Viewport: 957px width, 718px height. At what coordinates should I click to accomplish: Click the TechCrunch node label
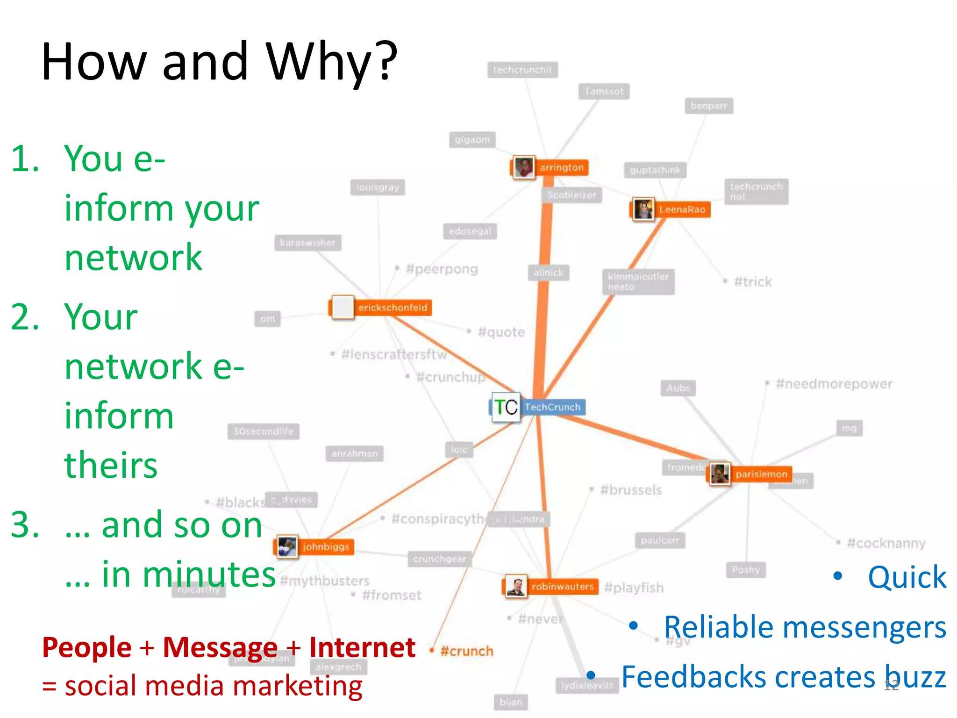click(x=552, y=407)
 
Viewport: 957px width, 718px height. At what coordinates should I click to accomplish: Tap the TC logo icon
click(x=506, y=407)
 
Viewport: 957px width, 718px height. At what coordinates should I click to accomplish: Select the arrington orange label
click(x=562, y=168)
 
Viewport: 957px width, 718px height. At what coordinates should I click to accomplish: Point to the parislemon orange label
click(x=761, y=474)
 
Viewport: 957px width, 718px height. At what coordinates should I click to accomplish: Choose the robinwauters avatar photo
click(x=516, y=587)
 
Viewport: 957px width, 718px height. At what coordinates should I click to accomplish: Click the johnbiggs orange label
click(x=326, y=547)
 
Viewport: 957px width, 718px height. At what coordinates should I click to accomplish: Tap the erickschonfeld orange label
click(x=393, y=308)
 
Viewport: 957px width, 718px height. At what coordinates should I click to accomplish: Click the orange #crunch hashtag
click(x=466, y=651)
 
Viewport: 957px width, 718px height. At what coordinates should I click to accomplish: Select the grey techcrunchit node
click(x=522, y=70)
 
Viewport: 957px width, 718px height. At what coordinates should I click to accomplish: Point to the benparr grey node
click(x=709, y=106)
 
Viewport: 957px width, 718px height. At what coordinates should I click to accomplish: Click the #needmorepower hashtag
click(x=834, y=384)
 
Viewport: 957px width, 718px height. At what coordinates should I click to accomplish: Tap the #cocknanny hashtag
click(x=886, y=543)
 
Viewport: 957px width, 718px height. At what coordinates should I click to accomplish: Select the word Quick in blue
click(x=907, y=577)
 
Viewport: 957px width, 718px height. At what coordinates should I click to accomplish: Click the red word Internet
click(x=362, y=647)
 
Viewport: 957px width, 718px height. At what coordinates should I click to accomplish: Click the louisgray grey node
click(x=378, y=188)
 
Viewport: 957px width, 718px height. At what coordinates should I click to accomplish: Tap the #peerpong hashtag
click(x=442, y=269)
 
